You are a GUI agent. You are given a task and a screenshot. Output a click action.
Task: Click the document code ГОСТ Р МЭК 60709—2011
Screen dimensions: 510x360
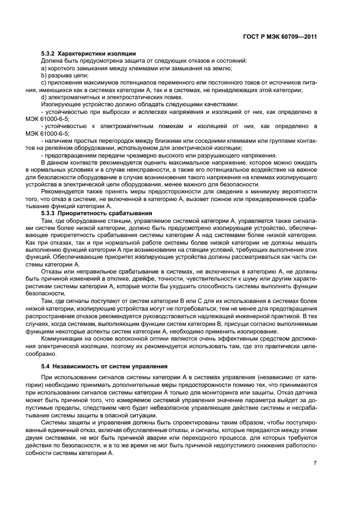click(x=280, y=37)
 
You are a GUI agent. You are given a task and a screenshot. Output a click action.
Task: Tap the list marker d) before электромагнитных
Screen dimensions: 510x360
click(x=44, y=96)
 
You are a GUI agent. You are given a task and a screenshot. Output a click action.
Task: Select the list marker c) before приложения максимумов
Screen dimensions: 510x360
click(x=44, y=82)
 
